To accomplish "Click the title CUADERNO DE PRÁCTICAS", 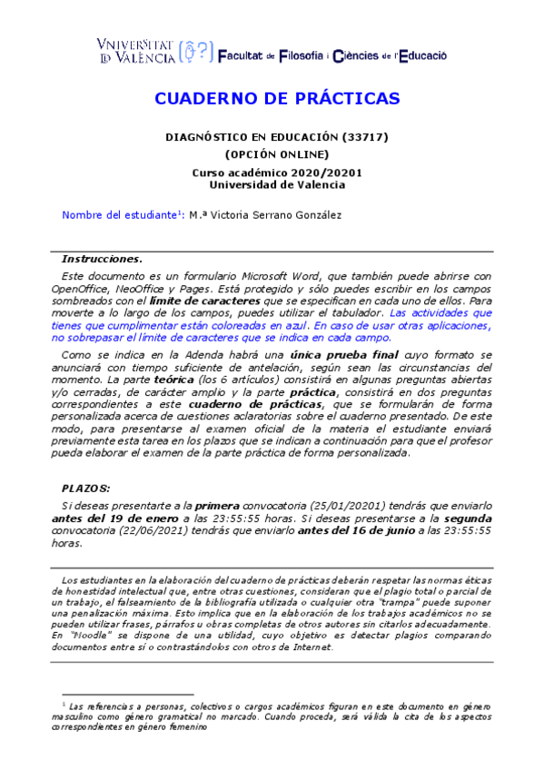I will (277, 98).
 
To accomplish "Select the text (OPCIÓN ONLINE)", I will (277, 154).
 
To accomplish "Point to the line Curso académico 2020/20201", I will (277, 173).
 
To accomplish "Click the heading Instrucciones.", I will (101, 259).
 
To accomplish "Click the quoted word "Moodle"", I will (90, 636).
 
